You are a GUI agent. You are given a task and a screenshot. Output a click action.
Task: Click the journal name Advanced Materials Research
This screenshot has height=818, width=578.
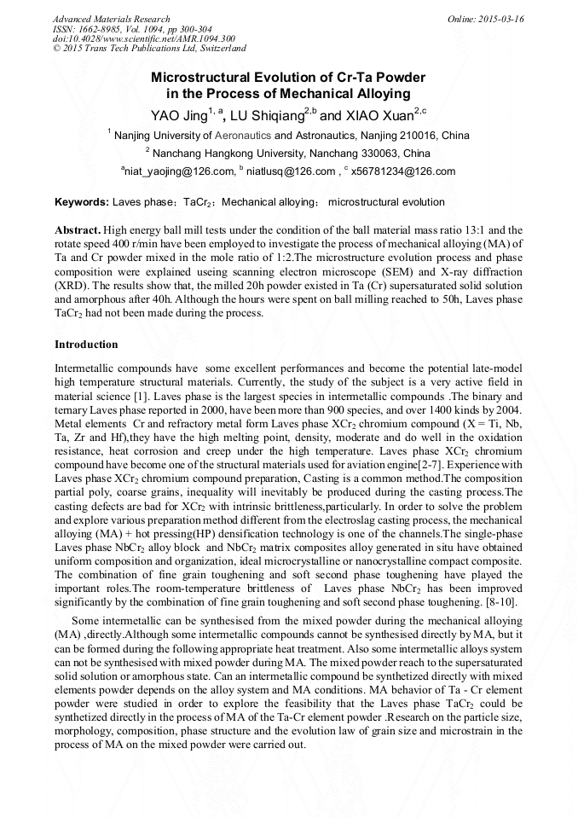click(111, 19)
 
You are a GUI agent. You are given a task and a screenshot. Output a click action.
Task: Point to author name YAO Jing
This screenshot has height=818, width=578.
click(179, 115)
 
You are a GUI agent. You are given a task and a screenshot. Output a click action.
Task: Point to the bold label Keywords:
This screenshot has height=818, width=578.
click(82, 202)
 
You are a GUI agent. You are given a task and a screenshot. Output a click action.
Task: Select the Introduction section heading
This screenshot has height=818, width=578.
click(86, 345)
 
